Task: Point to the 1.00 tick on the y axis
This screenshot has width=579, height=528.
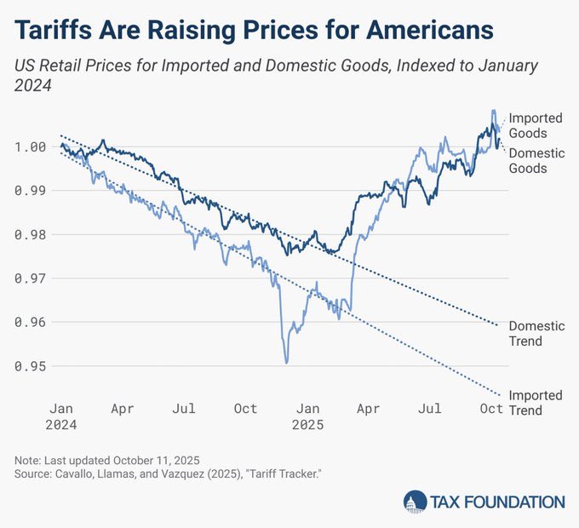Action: [x=32, y=146]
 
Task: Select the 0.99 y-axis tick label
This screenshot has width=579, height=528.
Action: [x=32, y=190]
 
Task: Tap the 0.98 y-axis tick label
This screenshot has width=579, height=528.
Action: [x=32, y=234]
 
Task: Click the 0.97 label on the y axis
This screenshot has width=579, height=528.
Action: [x=32, y=278]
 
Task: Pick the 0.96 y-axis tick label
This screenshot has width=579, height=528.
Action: [x=32, y=322]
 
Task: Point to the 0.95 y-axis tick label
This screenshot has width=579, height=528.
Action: [x=32, y=366]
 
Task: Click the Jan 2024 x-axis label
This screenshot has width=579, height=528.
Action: [x=60, y=416]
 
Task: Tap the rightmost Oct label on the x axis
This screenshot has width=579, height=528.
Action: [x=491, y=409]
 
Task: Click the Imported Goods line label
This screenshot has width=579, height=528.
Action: [x=535, y=125]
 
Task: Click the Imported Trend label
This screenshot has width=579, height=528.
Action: [x=535, y=403]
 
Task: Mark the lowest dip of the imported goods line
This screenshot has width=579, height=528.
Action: [x=286, y=363]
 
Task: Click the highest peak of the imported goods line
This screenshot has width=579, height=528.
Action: [x=493, y=111]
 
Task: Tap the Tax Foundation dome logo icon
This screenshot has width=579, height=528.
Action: [x=415, y=502]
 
